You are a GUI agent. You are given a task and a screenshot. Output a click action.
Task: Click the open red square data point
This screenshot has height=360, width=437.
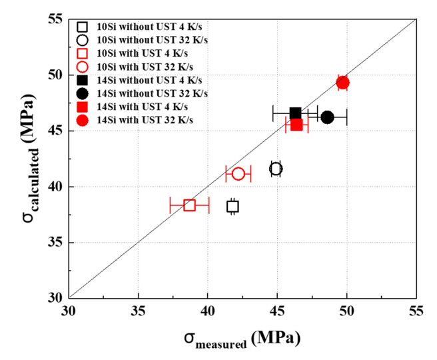(190, 205)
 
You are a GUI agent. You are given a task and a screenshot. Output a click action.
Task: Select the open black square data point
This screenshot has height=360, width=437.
(232, 206)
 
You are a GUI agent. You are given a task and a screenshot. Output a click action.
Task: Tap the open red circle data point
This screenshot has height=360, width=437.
(238, 173)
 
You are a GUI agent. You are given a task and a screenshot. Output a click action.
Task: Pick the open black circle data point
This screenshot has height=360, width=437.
(276, 169)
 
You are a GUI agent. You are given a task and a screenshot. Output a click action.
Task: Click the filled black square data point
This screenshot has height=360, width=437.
(295, 113)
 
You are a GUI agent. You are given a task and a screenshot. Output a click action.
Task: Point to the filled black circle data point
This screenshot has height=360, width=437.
(327, 117)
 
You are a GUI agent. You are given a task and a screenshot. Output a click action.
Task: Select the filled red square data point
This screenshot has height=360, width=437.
(296, 124)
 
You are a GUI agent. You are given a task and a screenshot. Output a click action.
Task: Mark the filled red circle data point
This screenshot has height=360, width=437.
(342, 83)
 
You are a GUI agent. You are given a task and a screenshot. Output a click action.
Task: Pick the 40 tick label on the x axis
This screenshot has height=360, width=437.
(207, 311)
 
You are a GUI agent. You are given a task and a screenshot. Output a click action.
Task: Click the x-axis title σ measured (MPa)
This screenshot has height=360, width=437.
(242, 339)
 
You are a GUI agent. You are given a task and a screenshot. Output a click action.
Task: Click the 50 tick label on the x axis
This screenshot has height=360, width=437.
(346, 311)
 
